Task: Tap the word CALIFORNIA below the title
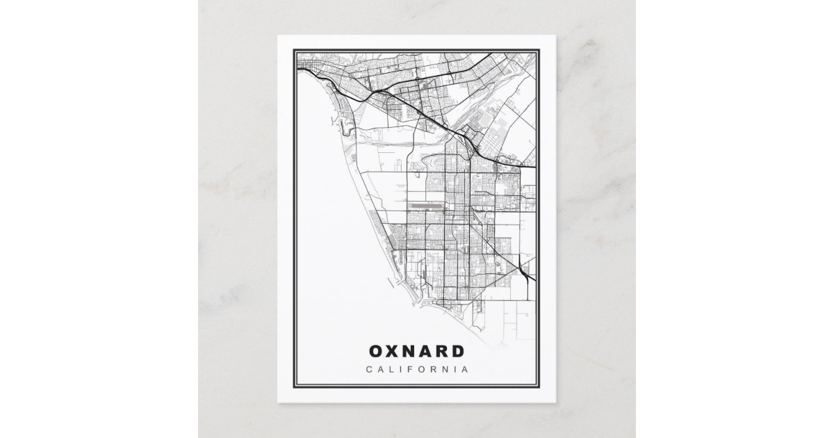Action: [x=416, y=369]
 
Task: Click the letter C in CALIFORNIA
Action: [x=368, y=369]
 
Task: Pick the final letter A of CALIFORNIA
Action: [x=464, y=369]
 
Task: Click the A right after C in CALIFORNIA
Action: [x=380, y=369]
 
